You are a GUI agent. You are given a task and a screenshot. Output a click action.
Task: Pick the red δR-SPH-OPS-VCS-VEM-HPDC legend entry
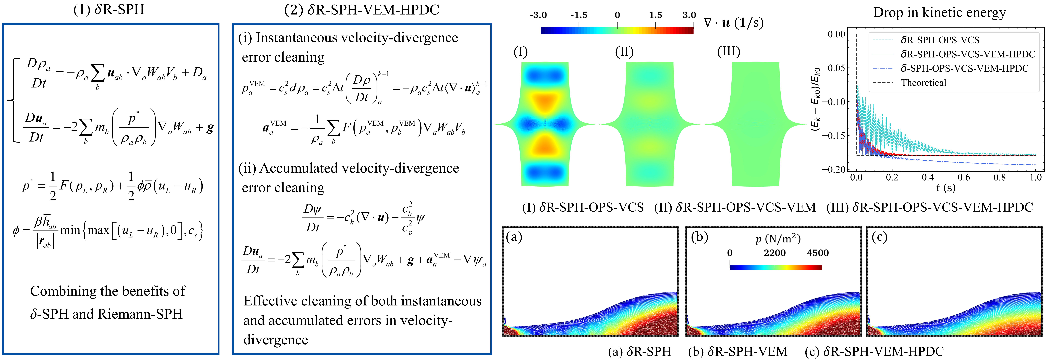(x=967, y=54)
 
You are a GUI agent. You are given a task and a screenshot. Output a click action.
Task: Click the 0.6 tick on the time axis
(x=964, y=178)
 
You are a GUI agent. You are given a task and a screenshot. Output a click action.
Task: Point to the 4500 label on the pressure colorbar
(x=817, y=253)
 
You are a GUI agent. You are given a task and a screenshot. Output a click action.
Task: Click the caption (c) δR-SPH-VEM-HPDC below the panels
(x=874, y=351)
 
